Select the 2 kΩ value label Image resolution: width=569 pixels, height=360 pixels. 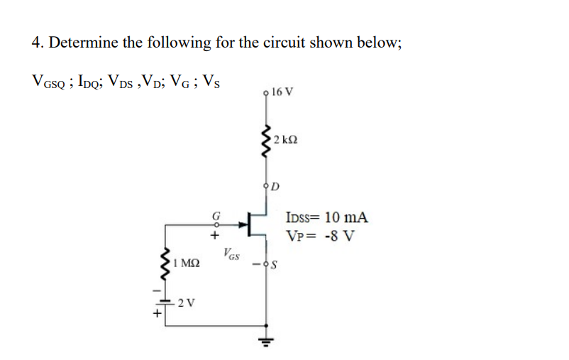284,138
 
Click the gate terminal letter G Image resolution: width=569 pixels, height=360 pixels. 214,214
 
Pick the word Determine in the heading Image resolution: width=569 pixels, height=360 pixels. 83,42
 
